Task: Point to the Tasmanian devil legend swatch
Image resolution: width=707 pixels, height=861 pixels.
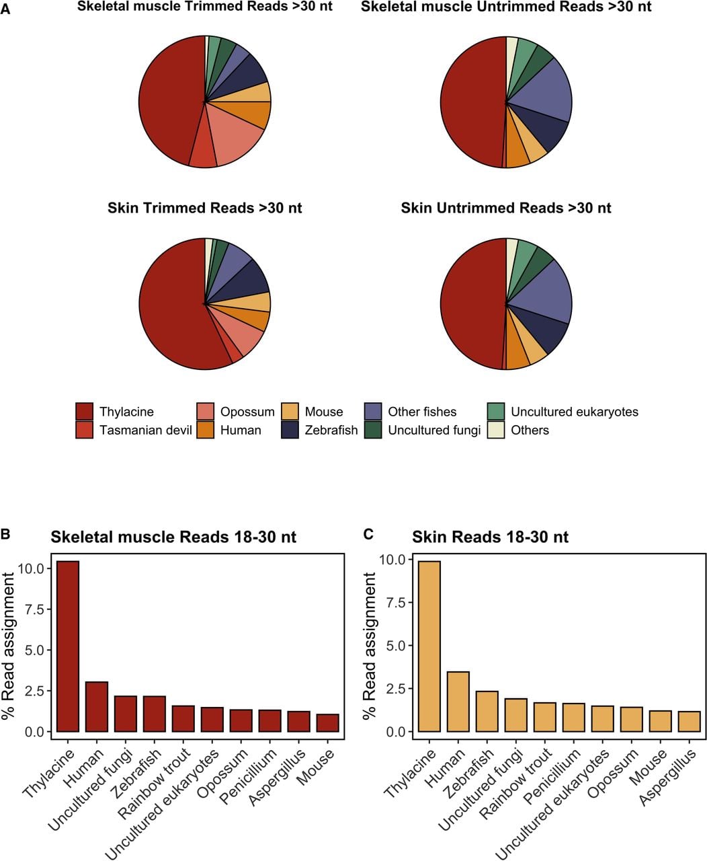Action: pyautogui.click(x=85, y=430)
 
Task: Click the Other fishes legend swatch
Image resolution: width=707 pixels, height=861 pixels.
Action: pyautogui.click(x=373, y=412)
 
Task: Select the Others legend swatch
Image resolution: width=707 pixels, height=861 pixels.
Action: pyautogui.click(x=496, y=430)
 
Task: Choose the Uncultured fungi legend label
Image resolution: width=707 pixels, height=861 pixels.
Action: pyautogui.click(x=434, y=430)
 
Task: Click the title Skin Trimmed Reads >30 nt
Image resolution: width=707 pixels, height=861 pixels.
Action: pyautogui.click(x=205, y=208)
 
